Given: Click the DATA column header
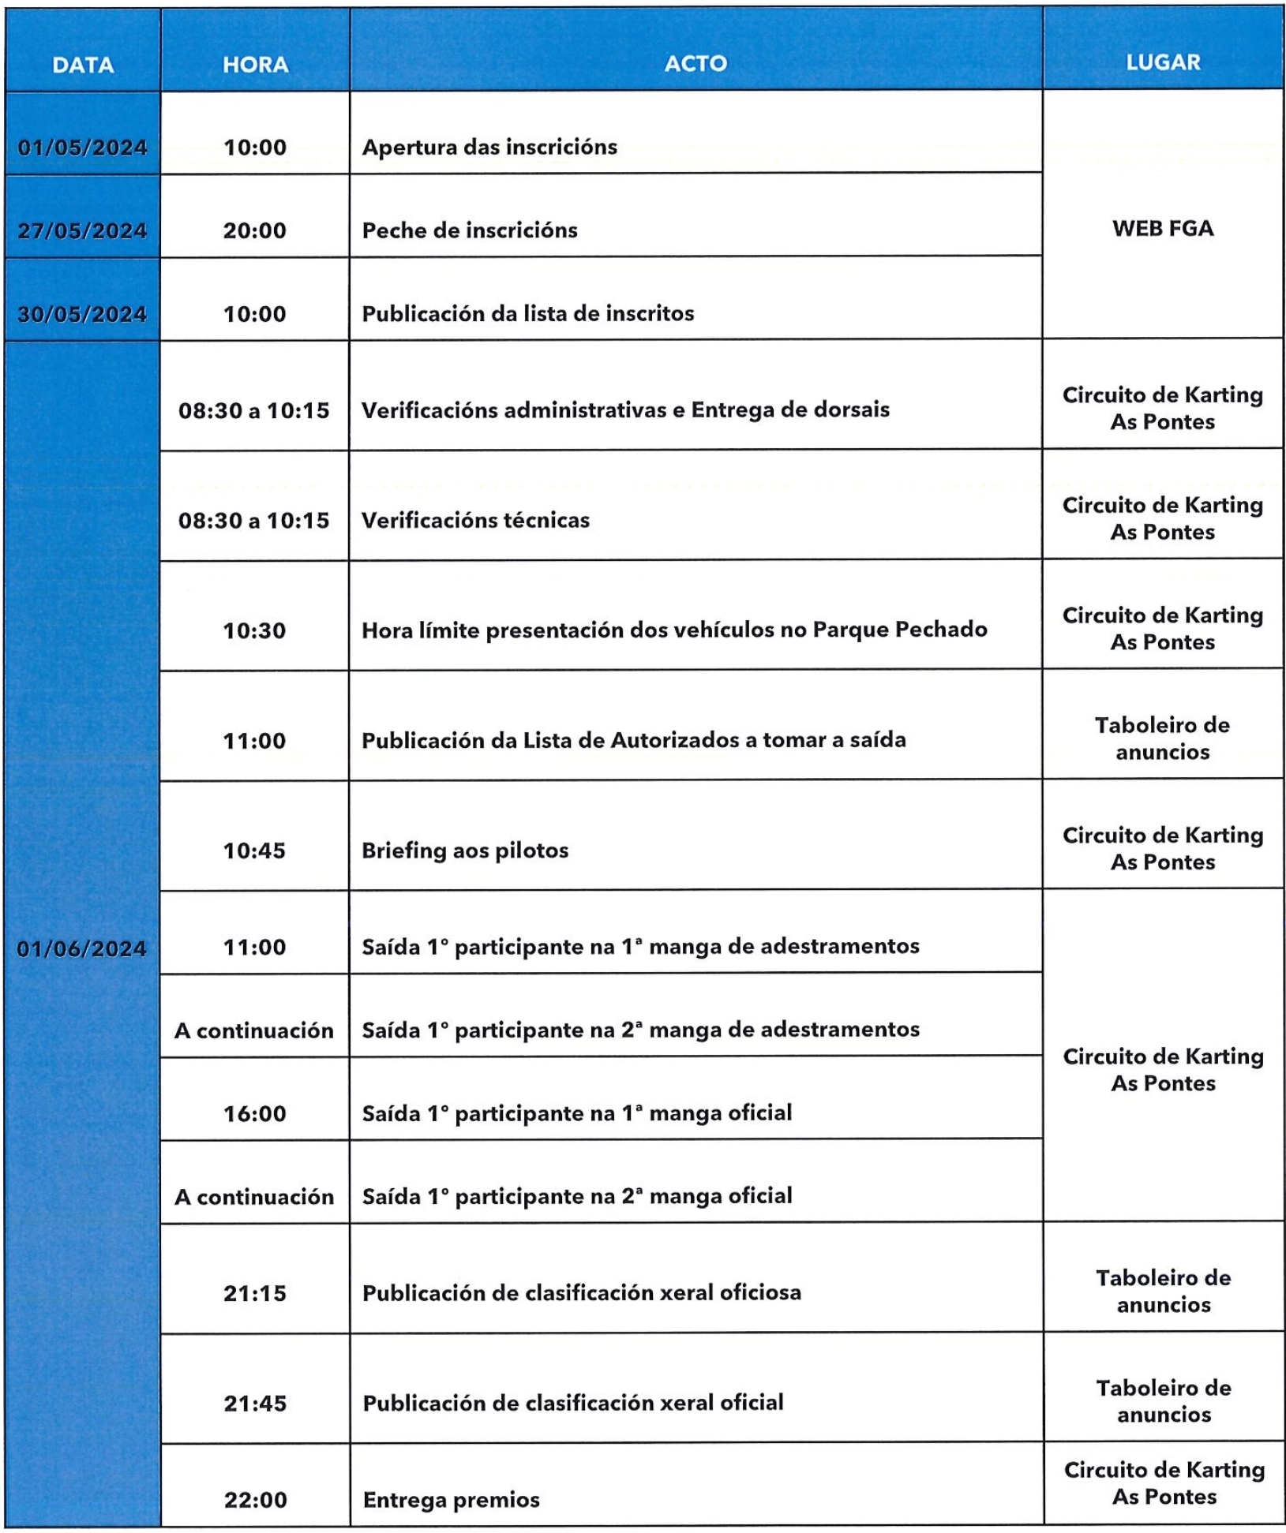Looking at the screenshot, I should coord(83,65).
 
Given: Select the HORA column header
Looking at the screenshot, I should coord(255,65).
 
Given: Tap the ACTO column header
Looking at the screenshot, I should coord(695,64).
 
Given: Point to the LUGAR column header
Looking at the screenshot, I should coord(1163,62).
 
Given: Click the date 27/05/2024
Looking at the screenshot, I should coord(83,231).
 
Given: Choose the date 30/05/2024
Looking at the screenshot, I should coord(83,314).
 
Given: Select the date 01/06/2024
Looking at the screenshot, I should coord(82,948).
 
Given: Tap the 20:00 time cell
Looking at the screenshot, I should coord(255,230).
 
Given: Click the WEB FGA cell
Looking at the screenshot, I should coord(1163,229).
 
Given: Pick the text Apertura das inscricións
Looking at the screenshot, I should coord(489,147).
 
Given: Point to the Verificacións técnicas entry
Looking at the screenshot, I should coord(475,520).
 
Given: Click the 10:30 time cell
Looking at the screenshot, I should coord(254,630).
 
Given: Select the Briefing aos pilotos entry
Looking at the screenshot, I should coord(465,851).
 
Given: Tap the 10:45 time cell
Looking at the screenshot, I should coord(254,851).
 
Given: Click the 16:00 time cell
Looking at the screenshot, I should coord(254,1113).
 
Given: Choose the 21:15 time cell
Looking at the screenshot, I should coord(254,1293).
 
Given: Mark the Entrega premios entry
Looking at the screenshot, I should coord(451,1500).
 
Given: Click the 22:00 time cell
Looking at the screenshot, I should coord(255,1500).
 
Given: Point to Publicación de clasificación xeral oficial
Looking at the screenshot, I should coord(573,1403).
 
